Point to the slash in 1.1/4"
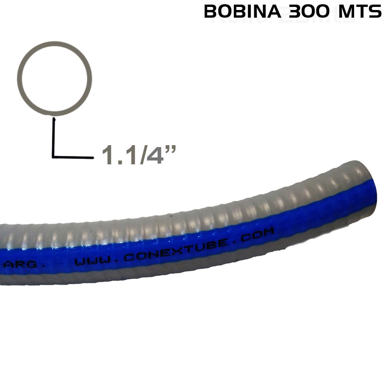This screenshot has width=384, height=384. click(144, 155)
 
